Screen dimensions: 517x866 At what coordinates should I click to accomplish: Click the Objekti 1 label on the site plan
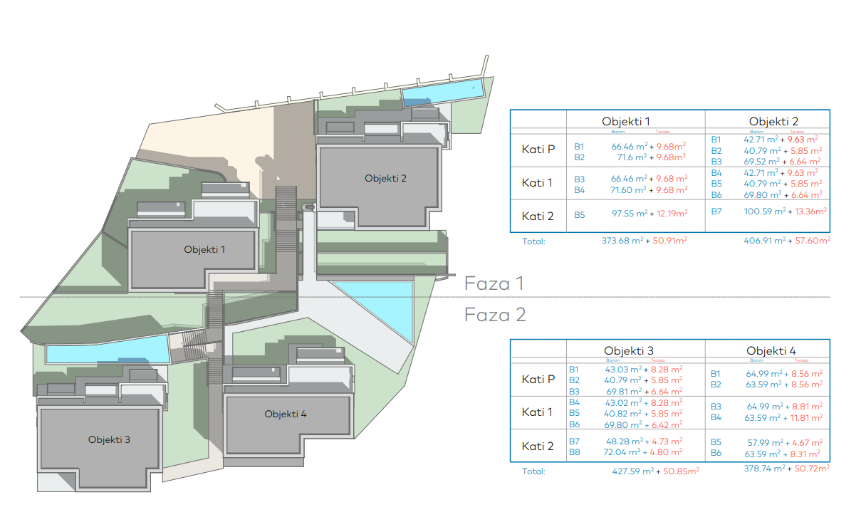click(x=204, y=249)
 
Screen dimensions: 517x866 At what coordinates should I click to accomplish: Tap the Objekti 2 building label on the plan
click(x=385, y=178)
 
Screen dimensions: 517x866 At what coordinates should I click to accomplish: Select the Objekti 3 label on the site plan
click(x=109, y=439)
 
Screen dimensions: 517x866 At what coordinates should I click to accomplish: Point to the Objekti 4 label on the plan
click(x=286, y=414)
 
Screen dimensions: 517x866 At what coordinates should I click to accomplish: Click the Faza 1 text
click(x=494, y=283)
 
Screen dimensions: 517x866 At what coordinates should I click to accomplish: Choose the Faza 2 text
click(x=495, y=315)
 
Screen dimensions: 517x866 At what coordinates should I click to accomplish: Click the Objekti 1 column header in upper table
click(x=625, y=121)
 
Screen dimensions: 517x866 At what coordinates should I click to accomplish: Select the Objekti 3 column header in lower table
click(x=628, y=350)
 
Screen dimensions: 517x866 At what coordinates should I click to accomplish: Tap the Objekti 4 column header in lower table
click(x=771, y=350)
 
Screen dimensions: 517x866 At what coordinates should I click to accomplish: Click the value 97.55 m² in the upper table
click(x=630, y=214)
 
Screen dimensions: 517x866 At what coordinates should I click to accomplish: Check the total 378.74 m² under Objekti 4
click(x=765, y=468)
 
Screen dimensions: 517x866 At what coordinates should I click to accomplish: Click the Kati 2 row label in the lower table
click(x=538, y=446)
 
